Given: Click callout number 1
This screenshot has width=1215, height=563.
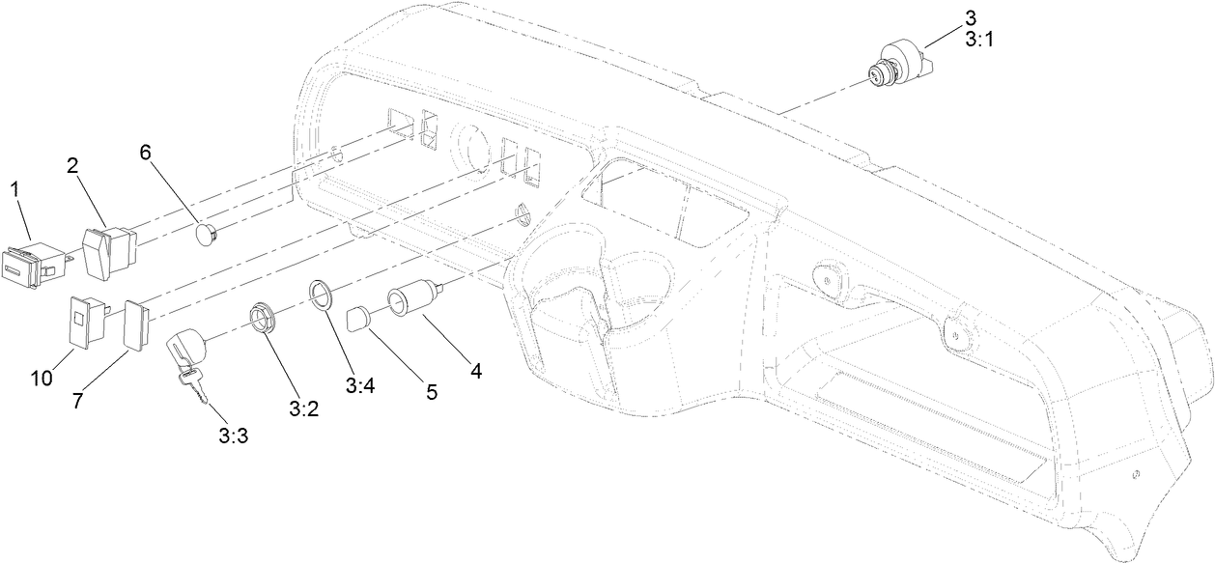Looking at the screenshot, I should (x=14, y=189).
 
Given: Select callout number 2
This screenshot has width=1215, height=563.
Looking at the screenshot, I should (x=72, y=165).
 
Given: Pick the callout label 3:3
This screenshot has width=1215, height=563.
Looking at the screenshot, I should (x=233, y=436).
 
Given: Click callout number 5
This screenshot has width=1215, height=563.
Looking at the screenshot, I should (x=431, y=392).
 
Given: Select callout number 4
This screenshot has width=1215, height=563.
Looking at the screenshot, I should (x=475, y=369).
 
